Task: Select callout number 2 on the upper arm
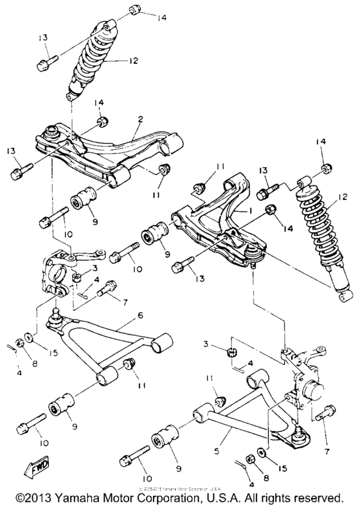pos(141,120)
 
